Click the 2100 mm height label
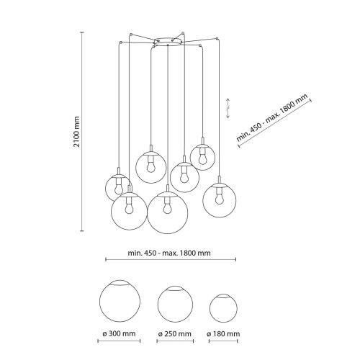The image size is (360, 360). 76,132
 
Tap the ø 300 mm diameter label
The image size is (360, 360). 119,333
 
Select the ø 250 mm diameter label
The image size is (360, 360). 175,334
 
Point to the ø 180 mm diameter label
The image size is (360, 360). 223,334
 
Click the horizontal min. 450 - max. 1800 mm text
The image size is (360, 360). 169,253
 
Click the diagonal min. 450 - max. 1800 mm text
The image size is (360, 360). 272,117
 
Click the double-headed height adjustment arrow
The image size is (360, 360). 228,108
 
